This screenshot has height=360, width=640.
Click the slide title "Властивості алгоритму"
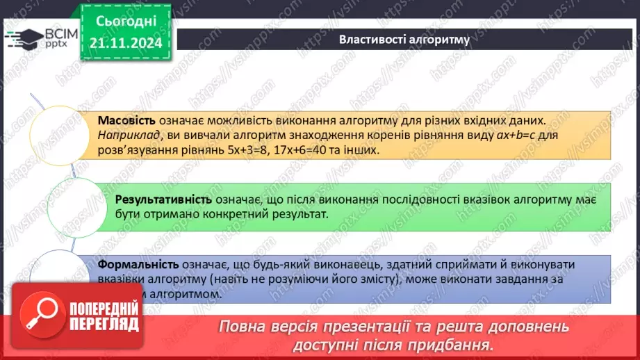pos(404,39)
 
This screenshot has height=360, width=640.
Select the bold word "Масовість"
pos(126,120)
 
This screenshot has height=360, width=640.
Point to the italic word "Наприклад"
pos(124,134)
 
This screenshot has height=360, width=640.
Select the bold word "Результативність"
pos(163,199)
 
